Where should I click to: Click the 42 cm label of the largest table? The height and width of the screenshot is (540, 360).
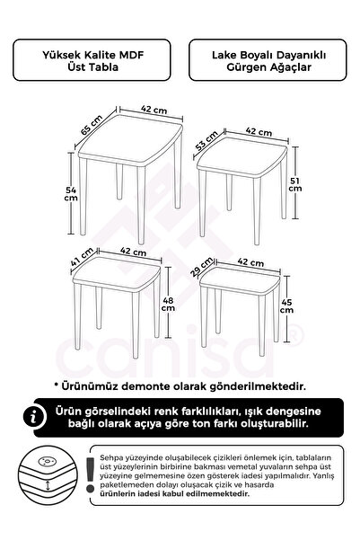pyautogui.click(x=153, y=110)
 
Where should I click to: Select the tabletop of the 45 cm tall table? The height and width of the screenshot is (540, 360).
pyautogui.click(x=245, y=286)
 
